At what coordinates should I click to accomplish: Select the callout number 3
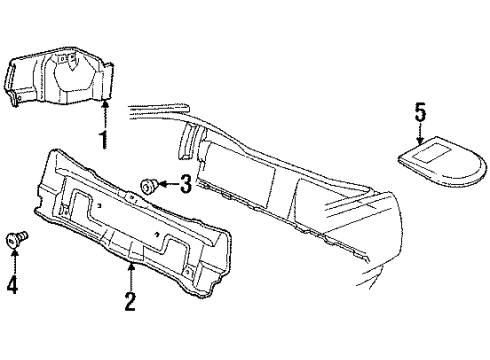[x=185, y=182]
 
